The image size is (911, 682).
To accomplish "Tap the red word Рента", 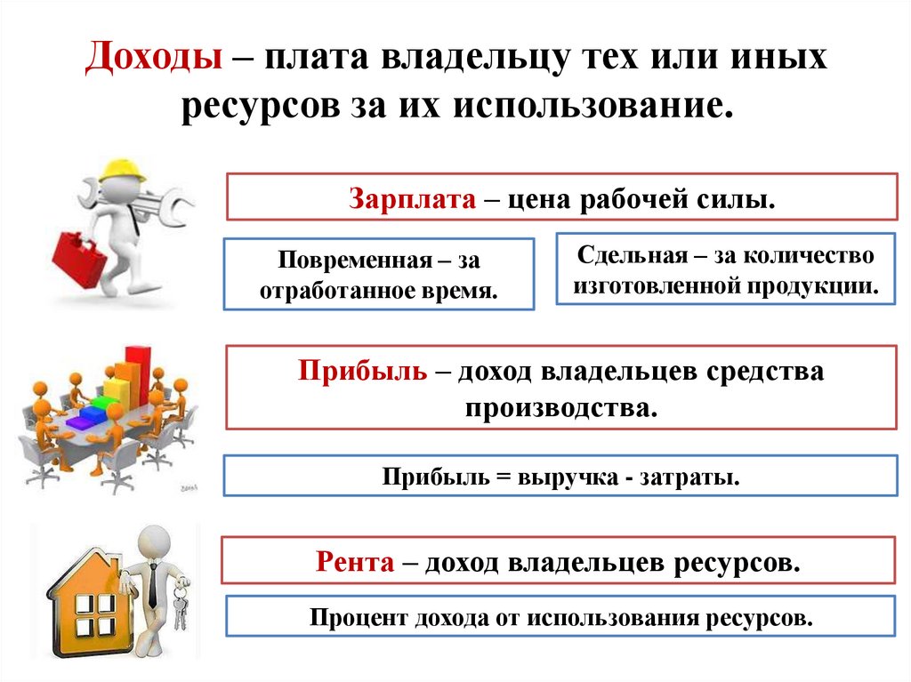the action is pyautogui.click(x=355, y=562).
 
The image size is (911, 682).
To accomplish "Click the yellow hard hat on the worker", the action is pyautogui.click(x=122, y=169).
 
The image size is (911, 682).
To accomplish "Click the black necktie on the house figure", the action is pyautogui.click(x=153, y=582).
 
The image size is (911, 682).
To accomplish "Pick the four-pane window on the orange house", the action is pyautogui.click(x=94, y=614).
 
